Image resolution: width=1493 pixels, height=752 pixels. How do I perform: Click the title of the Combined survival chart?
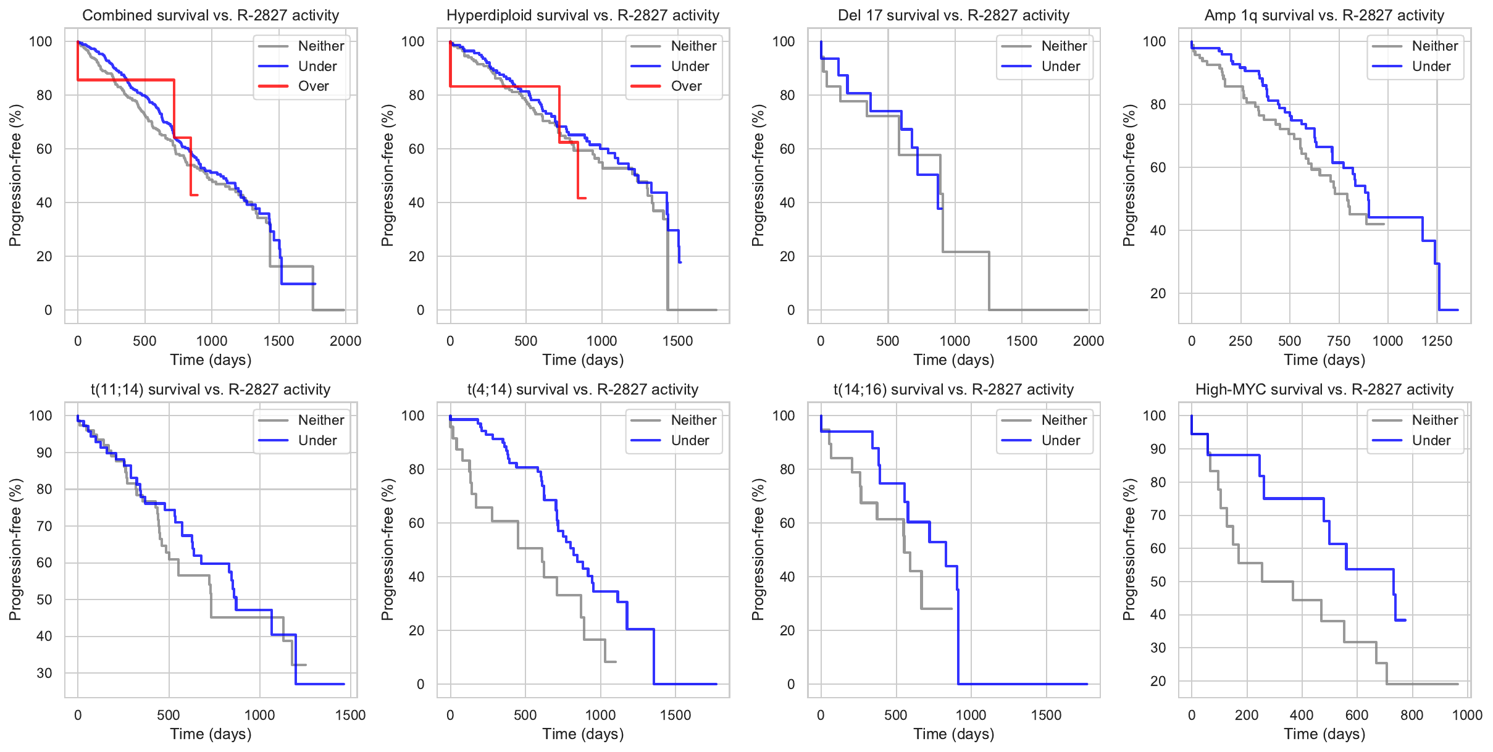pos(211,15)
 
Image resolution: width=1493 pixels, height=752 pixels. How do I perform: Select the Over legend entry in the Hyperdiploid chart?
pos(686,86)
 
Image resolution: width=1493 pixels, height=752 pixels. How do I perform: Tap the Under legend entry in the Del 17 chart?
pos(1060,67)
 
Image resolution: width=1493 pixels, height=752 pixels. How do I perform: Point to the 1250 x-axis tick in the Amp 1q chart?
pos(1437,341)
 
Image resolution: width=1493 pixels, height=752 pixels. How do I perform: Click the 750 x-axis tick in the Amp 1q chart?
pos(1339,341)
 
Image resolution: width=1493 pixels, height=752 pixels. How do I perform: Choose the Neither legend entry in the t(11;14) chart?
pos(320,420)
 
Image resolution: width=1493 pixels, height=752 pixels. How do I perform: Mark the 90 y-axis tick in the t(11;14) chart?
pos(44,453)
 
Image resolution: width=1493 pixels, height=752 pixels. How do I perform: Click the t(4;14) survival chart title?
pos(582,390)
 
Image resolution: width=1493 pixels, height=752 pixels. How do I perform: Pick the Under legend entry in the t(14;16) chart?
pos(1060,441)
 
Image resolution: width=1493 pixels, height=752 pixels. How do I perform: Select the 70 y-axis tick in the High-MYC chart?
pos(1158,516)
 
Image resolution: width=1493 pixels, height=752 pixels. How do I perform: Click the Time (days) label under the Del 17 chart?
pos(953,360)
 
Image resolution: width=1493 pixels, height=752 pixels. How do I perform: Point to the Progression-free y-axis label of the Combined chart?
pos(15,175)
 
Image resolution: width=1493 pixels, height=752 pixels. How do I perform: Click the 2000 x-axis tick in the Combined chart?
pos(345,341)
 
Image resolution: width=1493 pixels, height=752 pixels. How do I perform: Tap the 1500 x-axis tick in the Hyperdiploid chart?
pos(677,341)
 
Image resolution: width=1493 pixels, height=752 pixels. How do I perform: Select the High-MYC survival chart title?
pos(1324,390)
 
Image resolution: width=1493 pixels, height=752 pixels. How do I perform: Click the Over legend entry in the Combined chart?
pos(313,86)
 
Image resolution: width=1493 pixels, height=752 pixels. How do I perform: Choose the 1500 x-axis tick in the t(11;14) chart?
pos(350,715)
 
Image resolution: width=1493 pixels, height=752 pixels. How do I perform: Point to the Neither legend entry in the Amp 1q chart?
pos(1434,46)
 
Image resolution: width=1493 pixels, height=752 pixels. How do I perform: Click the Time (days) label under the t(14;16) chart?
pos(953,734)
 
